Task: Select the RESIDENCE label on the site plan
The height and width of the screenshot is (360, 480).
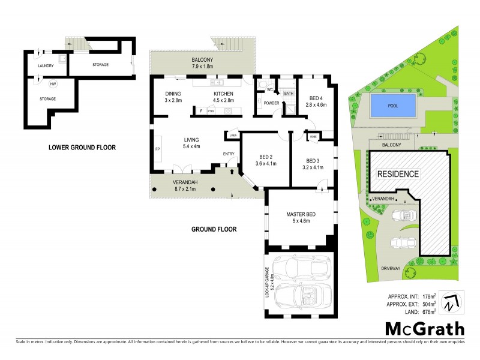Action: tap(397, 173)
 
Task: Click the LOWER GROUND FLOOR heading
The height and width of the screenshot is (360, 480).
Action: tap(83, 147)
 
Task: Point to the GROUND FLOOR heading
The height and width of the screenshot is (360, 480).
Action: tap(214, 229)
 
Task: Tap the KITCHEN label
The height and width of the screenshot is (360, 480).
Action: tap(224, 94)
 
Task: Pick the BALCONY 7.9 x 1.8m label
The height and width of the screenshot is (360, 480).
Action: tap(202, 64)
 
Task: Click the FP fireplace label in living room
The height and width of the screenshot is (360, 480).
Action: tap(158, 148)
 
